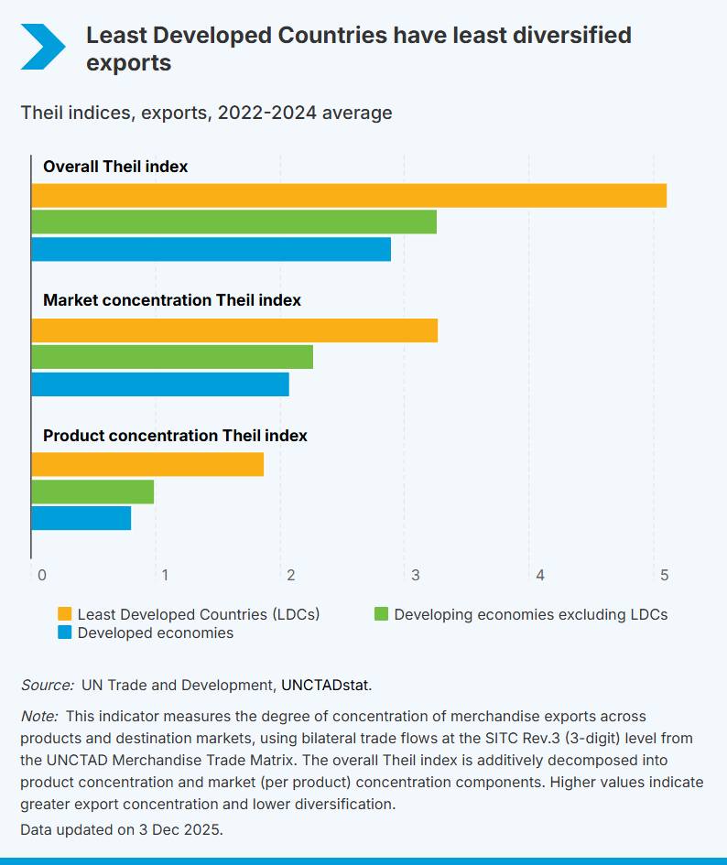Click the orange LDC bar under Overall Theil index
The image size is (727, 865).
(x=348, y=196)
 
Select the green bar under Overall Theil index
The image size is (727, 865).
(x=233, y=222)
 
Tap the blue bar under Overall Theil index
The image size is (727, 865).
(x=211, y=249)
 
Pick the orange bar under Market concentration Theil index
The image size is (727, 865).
(x=234, y=330)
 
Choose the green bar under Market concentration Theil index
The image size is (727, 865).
(x=172, y=357)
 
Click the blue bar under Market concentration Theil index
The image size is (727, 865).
(x=160, y=384)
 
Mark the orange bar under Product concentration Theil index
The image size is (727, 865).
(x=147, y=464)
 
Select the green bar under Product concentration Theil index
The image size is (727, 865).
(x=92, y=492)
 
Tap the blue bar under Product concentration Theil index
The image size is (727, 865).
(x=81, y=518)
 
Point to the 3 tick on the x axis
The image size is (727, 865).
(x=415, y=575)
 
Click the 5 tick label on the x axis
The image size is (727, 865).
(x=665, y=575)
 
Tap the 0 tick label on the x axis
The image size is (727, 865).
(x=41, y=575)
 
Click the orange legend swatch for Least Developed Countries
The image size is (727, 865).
(x=65, y=614)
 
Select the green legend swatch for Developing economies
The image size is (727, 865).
(x=382, y=614)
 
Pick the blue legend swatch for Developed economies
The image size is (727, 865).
(x=65, y=633)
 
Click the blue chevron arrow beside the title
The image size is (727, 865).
(x=43, y=48)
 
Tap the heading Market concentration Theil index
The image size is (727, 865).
(x=172, y=300)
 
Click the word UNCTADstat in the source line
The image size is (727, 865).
(x=326, y=685)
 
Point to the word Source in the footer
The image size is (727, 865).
(x=47, y=685)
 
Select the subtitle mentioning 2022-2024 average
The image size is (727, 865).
(x=206, y=113)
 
